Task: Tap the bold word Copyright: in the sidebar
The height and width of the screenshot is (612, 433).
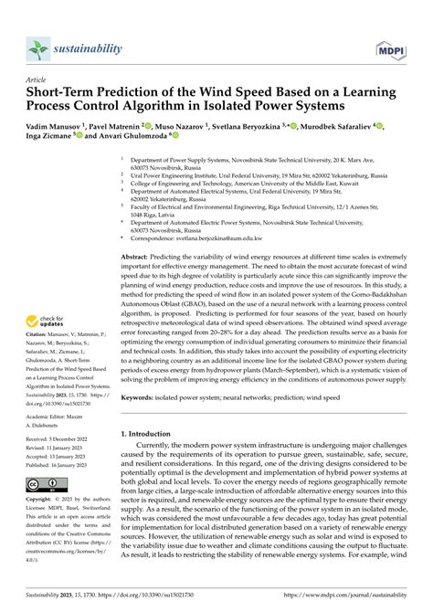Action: pyautogui.click(x=43, y=501)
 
